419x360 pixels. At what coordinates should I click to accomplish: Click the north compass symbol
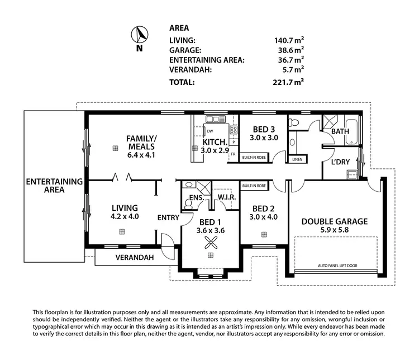pos(140,36)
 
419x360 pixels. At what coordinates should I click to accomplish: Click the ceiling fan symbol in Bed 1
pos(211,242)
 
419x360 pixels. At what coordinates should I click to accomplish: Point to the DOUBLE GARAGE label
pos(335,221)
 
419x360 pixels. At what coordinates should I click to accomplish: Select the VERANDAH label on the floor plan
pos(135,258)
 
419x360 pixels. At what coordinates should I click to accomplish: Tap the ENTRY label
pos(168,217)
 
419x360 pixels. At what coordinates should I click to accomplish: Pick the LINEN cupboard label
pos(297,159)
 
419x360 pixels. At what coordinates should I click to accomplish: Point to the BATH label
pos(340,131)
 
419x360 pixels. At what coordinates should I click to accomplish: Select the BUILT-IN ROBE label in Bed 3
pos(254,158)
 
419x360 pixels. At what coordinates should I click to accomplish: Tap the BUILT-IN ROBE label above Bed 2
pos(254,185)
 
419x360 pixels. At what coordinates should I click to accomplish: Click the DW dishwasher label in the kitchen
pos(209,131)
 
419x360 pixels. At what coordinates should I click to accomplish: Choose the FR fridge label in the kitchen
pos(232,154)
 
